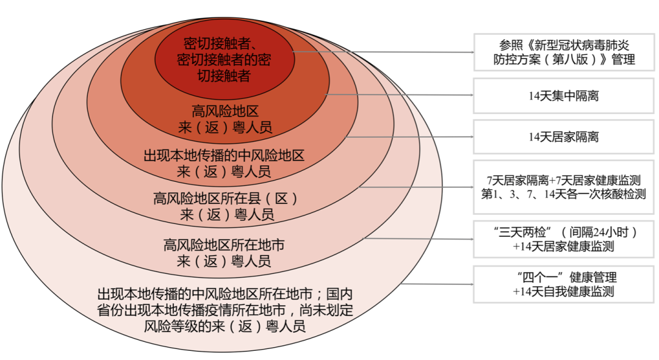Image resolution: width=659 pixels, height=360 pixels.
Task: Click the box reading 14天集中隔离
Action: point(563,95)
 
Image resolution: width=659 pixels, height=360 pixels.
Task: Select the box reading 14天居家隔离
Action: point(563,137)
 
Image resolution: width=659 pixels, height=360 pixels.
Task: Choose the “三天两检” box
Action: point(563,239)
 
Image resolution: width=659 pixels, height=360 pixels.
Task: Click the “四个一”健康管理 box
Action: point(563,284)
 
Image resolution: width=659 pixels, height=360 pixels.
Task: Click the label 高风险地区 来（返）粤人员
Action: point(223,120)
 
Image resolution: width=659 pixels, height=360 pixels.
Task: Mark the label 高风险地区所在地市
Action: point(223,245)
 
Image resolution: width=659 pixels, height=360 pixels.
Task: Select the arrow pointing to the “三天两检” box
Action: point(421,239)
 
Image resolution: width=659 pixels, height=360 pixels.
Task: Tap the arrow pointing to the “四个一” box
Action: point(439,284)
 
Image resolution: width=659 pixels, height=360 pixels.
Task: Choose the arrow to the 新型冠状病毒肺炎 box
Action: point(384,52)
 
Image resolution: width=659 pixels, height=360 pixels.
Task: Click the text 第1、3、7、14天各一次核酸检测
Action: point(563,194)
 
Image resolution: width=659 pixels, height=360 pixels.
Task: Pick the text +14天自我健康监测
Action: point(563,292)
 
